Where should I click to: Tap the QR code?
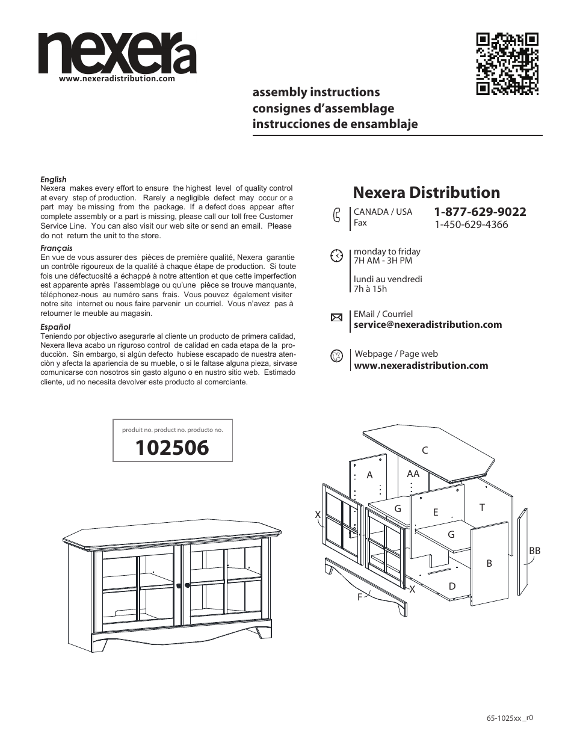click(507, 64)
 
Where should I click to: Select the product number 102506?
click(172, 448)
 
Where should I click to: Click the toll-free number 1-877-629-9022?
click(480, 212)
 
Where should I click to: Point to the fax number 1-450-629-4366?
click(471, 224)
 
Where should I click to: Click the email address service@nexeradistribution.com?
click(428, 325)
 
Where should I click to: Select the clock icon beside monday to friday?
click(336, 255)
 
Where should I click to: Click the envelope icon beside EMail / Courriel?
click(336, 318)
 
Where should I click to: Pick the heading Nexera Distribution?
click(427, 193)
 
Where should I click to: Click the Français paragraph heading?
click(56, 248)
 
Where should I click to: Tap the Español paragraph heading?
click(55, 327)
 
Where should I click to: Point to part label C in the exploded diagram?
click(424, 450)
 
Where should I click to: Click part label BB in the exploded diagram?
click(534, 550)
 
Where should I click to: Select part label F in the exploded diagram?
click(360, 597)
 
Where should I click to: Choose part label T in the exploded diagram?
click(482, 508)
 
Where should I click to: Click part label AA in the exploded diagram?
click(413, 474)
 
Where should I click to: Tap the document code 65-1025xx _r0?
click(510, 718)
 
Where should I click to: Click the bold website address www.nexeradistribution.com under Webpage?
click(421, 366)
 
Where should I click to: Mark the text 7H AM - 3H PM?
click(383, 261)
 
